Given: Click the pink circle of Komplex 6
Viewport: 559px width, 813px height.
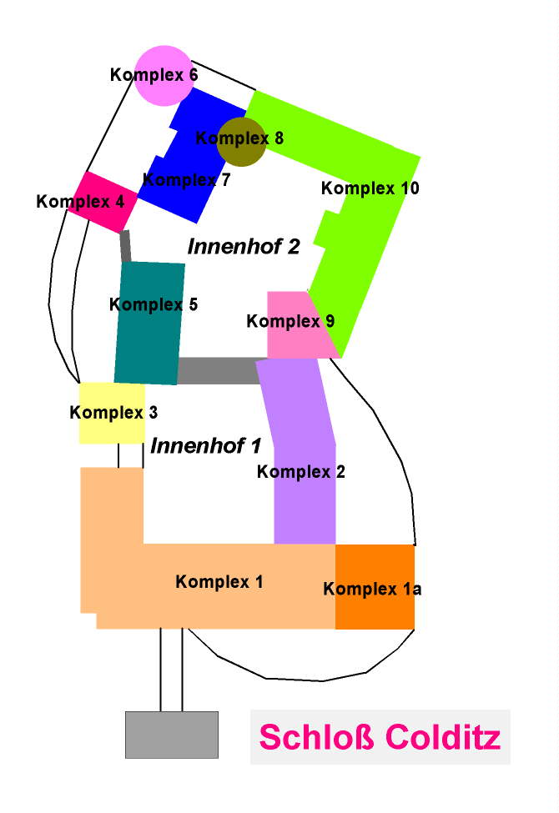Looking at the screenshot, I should coord(164,75).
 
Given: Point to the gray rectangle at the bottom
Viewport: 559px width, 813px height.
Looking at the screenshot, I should coord(172,735).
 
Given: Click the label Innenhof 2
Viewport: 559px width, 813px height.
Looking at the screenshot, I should coord(244,246).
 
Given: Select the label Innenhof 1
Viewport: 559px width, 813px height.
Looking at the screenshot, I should coord(206,446).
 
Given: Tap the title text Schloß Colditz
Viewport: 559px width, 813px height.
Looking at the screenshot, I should coord(380,737).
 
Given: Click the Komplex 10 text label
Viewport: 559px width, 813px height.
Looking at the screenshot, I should coord(370,188).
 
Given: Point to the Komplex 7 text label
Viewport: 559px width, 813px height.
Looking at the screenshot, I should coord(187,178).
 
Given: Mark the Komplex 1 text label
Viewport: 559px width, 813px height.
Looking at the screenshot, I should coord(219,582).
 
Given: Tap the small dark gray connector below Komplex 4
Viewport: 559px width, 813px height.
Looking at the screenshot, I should coord(126,246).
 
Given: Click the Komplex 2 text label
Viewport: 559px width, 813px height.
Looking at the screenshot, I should coord(300,472).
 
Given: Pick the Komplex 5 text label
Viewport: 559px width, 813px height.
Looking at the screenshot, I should coord(154,304).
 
